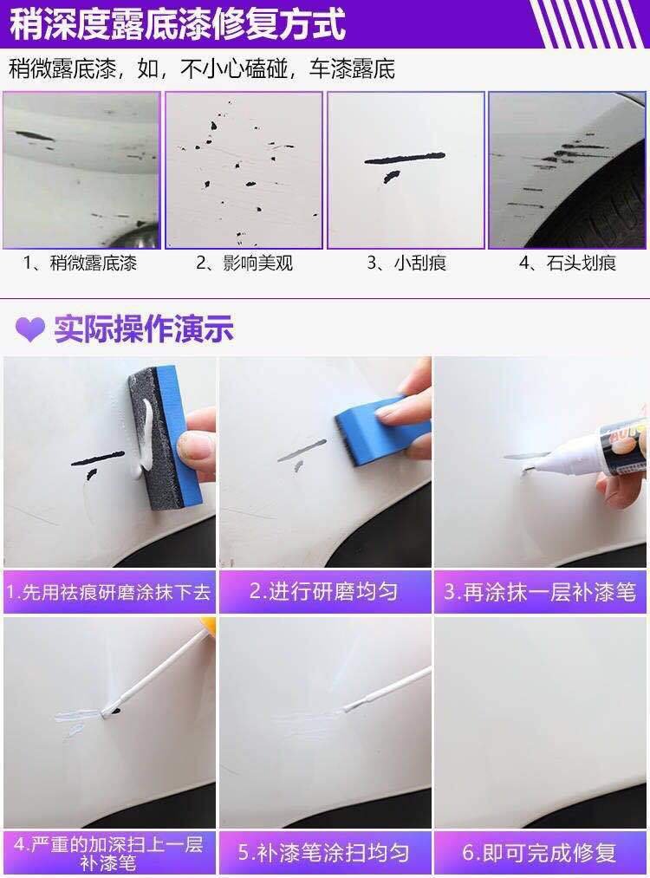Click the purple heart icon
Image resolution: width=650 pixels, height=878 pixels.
pos(30,329)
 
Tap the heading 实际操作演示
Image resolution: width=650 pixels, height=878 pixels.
pos(144,328)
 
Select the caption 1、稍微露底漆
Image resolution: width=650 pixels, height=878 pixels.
pos(80,263)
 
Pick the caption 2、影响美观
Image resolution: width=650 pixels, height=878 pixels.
pos(244,263)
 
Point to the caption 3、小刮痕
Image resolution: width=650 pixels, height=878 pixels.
pos(406,263)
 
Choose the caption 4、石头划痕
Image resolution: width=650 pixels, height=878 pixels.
pos(567,263)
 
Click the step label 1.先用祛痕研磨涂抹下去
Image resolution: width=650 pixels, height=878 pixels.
pos(108,592)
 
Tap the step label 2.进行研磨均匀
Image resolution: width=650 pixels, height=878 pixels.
pos(323,591)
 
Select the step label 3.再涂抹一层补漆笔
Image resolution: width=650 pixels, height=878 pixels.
pos(540,591)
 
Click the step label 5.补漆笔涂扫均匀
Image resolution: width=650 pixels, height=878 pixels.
pos(323,852)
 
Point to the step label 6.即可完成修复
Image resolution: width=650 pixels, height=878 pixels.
pos(539,852)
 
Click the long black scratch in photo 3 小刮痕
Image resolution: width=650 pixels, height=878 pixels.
pos(404,159)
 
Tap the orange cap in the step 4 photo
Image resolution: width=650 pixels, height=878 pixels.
pos(208,624)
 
